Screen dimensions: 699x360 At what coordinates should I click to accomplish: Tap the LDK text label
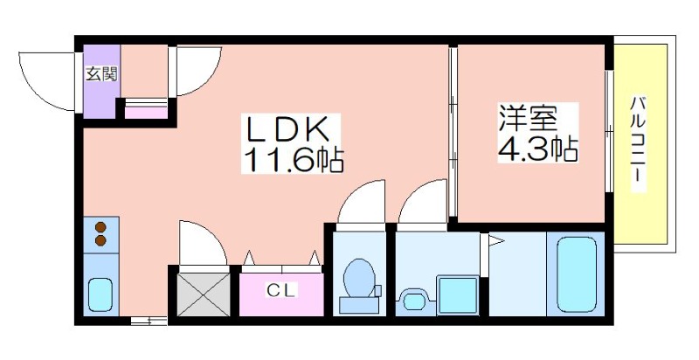click(289, 128)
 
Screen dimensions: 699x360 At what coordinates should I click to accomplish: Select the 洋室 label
click(529, 118)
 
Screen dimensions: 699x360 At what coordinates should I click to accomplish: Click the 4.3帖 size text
click(537, 149)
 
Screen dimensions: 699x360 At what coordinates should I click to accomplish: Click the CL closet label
click(281, 291)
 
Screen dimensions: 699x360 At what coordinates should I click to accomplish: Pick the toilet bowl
click(360, 278)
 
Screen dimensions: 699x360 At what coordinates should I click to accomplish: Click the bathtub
click(577, 274)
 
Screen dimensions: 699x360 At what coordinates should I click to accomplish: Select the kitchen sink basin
click(100, 294)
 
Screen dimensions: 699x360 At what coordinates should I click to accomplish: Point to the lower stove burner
click(100, 241)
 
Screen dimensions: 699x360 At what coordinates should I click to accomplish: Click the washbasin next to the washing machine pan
click(414, 301)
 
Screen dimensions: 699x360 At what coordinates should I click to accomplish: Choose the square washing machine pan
click(458, 295)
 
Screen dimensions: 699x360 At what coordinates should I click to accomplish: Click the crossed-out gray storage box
click(204, 295)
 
